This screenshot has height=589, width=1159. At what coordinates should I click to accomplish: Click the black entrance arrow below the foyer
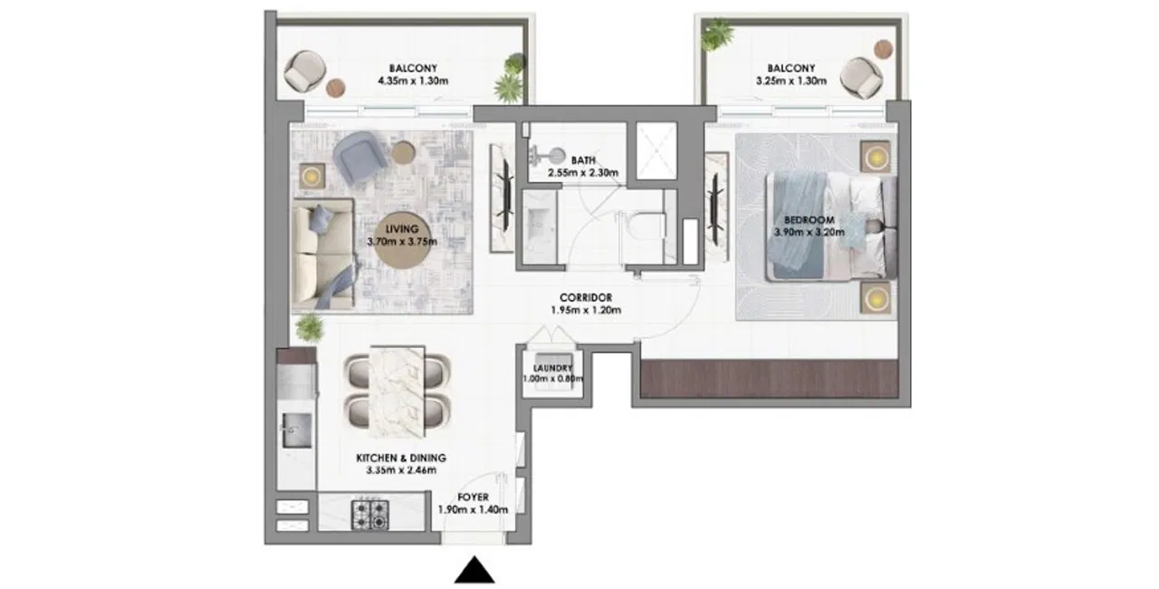click(474, 570)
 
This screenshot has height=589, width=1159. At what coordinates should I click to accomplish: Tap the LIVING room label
click(402, 228)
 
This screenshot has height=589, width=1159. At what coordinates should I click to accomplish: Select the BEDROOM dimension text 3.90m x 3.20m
click(809, 232)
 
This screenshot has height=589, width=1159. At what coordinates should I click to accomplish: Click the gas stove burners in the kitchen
click(370, 515)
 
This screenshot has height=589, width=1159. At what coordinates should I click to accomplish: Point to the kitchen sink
click(296, 430)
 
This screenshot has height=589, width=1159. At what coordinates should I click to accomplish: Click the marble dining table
click(398, 391)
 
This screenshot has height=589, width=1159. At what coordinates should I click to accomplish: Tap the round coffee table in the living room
click(402, 241)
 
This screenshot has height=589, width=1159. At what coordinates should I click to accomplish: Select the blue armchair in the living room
click(360, 156)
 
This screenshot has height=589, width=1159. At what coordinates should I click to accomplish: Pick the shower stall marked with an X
click(656, 150)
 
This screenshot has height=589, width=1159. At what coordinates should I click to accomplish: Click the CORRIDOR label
click(586, 297)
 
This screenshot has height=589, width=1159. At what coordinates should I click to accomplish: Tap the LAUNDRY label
click(552, 368)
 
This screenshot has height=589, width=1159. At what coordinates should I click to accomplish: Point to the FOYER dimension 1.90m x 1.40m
click(473, 510)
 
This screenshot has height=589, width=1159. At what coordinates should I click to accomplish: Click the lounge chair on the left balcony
click(305, 72)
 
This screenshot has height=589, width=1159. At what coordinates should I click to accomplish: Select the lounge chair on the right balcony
click(861, 78)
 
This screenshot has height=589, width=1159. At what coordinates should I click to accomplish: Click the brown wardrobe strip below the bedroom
click(769, 379)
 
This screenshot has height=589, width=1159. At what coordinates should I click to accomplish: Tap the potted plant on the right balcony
click(717, 34)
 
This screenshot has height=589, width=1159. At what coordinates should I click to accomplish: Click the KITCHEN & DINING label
click(401, 458)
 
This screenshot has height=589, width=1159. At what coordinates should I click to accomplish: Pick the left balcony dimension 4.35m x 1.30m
click(413, 82)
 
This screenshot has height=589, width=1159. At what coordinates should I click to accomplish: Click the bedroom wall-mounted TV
click(716, 208)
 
